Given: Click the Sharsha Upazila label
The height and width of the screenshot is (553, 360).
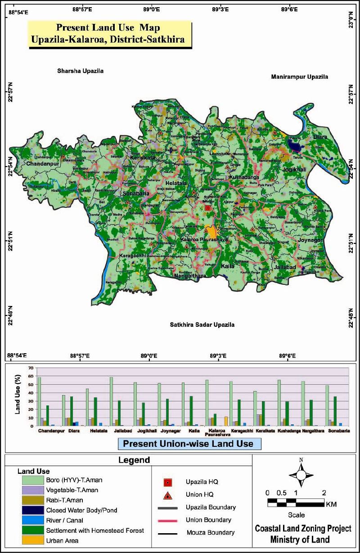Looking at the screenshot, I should click(x=80, y=71).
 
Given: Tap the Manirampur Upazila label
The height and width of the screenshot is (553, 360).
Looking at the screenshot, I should click(x=299, y=77).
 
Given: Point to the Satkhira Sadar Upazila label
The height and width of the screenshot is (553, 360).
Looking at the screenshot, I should click(x=202, y=324).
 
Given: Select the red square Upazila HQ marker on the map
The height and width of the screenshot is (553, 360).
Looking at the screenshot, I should click(x=207, y=208).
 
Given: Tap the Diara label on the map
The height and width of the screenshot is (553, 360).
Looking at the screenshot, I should click(x=320, y=137).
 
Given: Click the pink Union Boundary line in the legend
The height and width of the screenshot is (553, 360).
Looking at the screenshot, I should click(x=167, y=520).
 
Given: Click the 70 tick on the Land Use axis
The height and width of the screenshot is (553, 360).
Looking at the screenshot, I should click(x=31, y=368).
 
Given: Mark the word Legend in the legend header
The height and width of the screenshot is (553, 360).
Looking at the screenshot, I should click(x=134, y=460).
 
